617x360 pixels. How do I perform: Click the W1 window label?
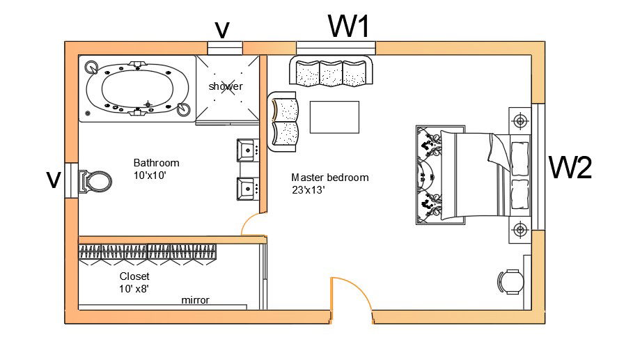tap(349, 26)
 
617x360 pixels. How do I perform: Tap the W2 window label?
tap(570, 168)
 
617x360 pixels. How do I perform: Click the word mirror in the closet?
tap(195, 300)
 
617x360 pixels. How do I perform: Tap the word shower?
tap(226, 86)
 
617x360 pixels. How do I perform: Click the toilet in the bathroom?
tap(95, 182)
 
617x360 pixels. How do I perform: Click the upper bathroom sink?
tap(247, 149)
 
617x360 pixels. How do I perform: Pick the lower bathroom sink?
tap(247, 187)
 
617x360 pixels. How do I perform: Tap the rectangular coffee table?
tap(334, 117)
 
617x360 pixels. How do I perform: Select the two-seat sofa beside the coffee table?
tap(284, 121)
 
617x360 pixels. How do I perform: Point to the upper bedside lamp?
tap(520, 120)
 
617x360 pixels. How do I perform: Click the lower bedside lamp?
tap(520, 228)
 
